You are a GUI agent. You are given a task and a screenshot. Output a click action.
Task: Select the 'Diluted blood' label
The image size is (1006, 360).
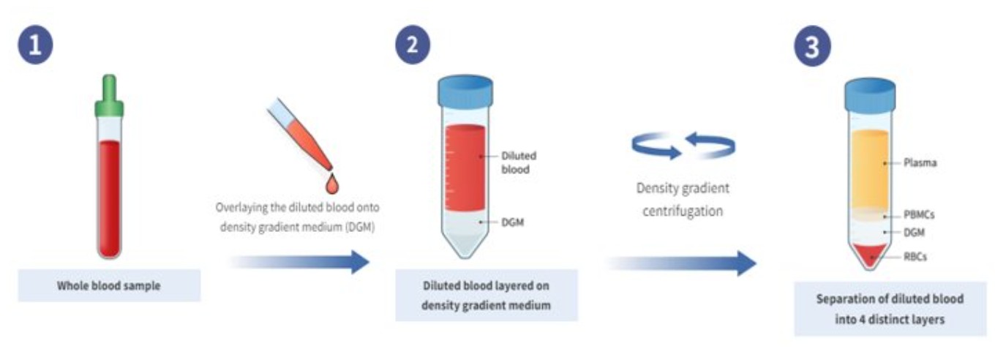click(x=518, y=162)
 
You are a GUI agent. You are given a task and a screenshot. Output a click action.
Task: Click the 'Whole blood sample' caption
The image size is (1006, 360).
click(x=109, y=286)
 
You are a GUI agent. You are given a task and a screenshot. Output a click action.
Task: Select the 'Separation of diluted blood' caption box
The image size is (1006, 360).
click(x=890, y=309)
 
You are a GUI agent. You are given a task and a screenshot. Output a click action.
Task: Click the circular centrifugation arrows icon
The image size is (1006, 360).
click(x=683, y=145)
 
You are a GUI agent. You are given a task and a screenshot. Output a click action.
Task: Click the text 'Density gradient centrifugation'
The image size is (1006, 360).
click(x=683, y=200)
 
